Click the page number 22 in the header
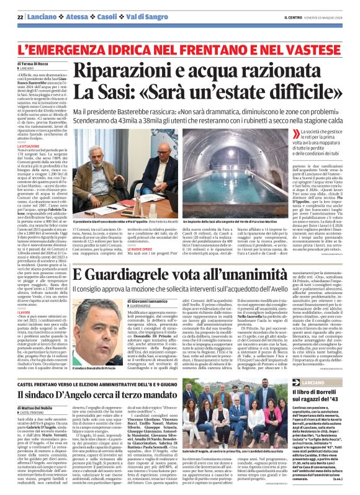(x=20, y=16)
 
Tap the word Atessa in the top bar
(x=69, y=16)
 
